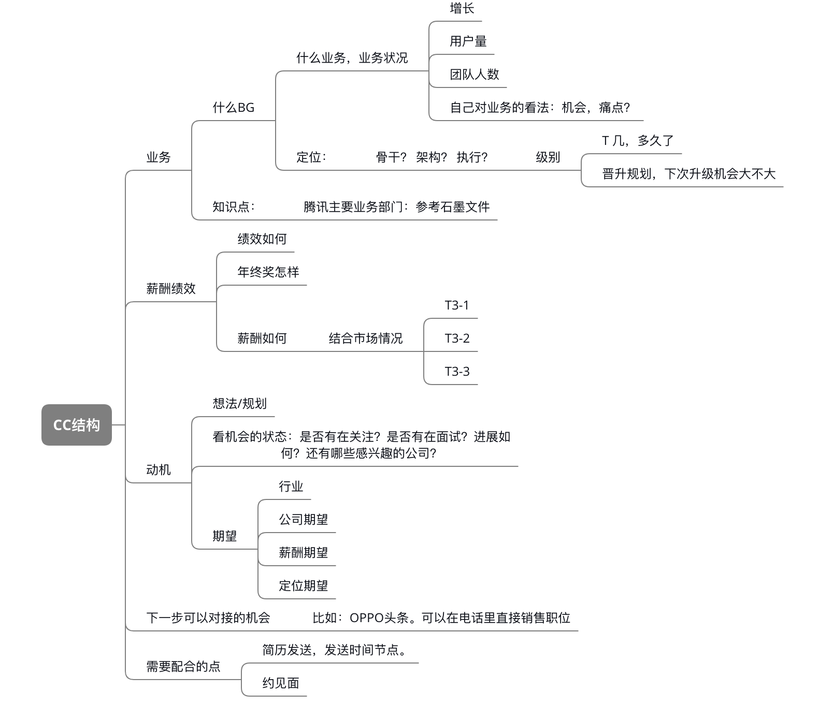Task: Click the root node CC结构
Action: click(x=77, y=425)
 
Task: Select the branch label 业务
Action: click(x=159, y=157)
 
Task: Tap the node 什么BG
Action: click(x=234, y=108)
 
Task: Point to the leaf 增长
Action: click(x=462, y=8)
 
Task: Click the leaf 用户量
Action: click(x=468, y=41)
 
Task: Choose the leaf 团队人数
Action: click(x=475, y=75)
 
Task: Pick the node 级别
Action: click(x=548, y=157)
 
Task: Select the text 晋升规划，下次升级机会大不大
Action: click(x=689, y=174)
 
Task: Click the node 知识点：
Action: click(x=234, y=207)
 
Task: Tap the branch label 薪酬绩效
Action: click(x=171, y=289)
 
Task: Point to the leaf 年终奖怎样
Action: click(x=268, y=272)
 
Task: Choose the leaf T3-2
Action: click(x=457, y=338)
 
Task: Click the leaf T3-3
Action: click(x=457, y=372)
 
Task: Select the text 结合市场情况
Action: click(x=366, y=338)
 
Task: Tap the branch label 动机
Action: click(x=159, y=470)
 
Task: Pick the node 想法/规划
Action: click(x=240, y=404)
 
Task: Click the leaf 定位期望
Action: click(x=304, y=586)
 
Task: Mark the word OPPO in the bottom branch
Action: click(x=366, y=618)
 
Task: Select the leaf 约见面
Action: click(x=281, y=683)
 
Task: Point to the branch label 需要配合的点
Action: click(x=183, y=667)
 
